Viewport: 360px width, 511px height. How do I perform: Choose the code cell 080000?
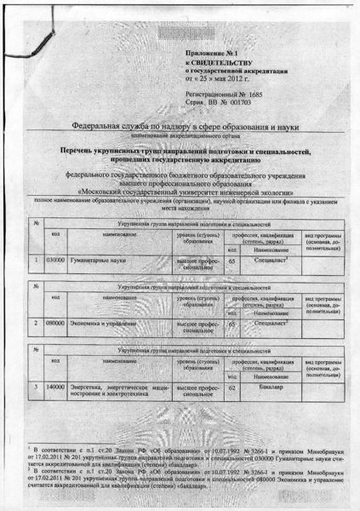pos(55,324)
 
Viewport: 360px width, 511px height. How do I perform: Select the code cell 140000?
pos(56,388)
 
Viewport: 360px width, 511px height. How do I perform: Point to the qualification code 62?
pos(233,389)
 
